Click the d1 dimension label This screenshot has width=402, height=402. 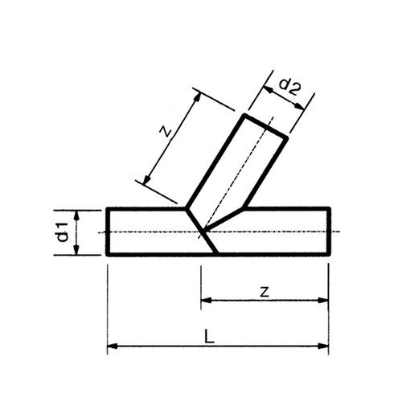tap(64, 232)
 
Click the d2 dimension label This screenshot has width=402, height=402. tap(290, 88)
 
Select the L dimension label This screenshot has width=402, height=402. tap(209, 337)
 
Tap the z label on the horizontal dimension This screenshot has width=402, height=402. tap(265, 292)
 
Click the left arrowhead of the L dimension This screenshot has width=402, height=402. tap(112, 346)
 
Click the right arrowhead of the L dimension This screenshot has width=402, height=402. tap(323, 346)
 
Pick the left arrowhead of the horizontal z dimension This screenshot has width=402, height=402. tap(206, 300)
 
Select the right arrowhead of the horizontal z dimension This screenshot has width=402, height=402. tap(323, 300)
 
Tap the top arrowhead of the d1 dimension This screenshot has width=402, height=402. tap(76, 215)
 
